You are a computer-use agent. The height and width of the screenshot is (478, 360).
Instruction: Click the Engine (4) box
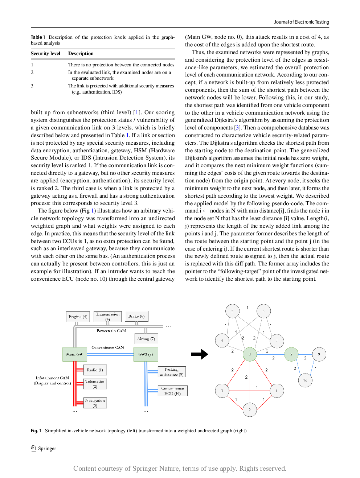[x=78, y=317]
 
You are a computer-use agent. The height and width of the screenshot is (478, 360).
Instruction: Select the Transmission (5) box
[x=107, y=316]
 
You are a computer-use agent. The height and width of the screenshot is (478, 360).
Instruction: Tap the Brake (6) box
[x=136, y=316]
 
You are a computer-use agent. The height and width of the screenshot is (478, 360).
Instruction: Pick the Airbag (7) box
[x=146, y=339]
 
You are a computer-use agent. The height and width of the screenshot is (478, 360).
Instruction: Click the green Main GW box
[x=74, y=354]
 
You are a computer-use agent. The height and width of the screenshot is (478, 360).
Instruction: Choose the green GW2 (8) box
[x=146, y=354]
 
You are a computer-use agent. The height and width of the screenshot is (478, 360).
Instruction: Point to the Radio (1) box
[x=95, y=370]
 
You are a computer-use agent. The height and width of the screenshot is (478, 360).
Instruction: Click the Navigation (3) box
[x=95, y=403]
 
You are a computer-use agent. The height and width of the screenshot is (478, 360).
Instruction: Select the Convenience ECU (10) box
[x=172, y=391]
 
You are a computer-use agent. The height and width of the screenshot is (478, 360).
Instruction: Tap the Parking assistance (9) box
[x=172, y=372]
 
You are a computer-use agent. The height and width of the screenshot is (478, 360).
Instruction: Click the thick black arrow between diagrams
[x=199, y=354]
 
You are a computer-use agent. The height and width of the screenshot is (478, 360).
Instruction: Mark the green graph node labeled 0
[x=250, y=354]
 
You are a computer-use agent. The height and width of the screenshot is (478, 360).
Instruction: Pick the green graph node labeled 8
[x=291, y=354]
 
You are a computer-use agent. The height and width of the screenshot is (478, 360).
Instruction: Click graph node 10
[x=305, y=380]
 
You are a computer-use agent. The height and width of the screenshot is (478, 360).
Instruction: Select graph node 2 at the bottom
[x=250, y=410]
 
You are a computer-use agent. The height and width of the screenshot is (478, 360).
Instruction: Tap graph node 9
[x=319, y=354]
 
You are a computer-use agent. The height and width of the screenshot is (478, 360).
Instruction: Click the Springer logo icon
[x=33, y=448]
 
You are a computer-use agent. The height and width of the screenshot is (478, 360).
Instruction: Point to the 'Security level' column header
[x=45, y=53]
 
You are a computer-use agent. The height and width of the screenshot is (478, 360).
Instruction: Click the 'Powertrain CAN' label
[x=111, y=331]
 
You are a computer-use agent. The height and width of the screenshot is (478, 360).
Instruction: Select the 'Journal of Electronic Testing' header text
[x=302, y=22]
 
